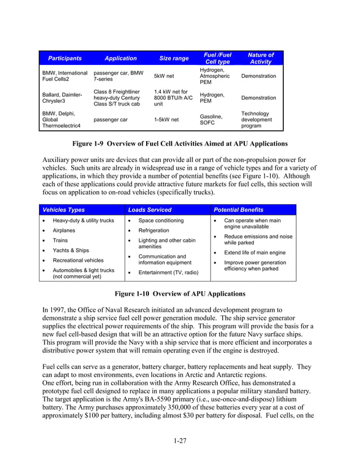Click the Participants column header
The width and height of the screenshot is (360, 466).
(x=64, y=59)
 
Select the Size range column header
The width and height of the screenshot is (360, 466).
(x=174, y=59)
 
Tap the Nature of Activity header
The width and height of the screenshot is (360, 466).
(x=261, y=59)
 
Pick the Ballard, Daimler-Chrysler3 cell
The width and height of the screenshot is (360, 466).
(x=62, y=98)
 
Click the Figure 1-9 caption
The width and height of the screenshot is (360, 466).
(x=179, y=144)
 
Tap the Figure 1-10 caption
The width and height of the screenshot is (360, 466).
(x=179, y=294)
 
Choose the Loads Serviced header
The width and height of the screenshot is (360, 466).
(x=150, y=210)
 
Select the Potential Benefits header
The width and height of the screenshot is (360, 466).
(x=238, y=210)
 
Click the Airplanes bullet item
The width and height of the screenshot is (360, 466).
(x=64, y=231)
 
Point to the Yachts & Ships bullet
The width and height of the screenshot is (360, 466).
(x=71, y=250)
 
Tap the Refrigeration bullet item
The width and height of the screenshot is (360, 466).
(x=153, y=231)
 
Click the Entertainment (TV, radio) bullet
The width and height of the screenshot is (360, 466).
(x=168, y=272)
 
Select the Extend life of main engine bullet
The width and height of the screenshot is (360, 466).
(x=254, y=253)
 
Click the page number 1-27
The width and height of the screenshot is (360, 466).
(x=179, y=441)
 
